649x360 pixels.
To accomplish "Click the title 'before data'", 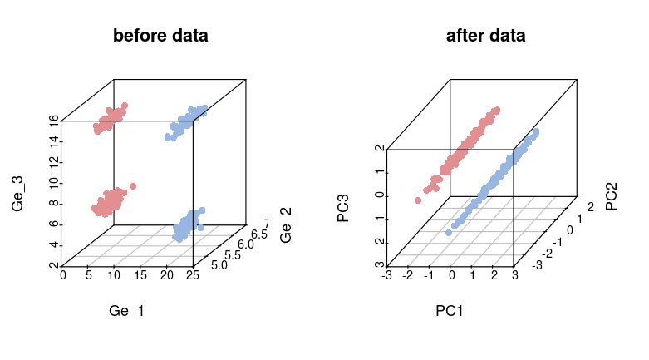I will click(160, 36).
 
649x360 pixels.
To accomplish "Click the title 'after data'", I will click(485, 36).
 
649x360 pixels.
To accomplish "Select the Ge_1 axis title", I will click(127, 311).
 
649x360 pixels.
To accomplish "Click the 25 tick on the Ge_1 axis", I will click(193, 275).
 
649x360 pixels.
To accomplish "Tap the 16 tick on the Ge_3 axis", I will click(53, 121).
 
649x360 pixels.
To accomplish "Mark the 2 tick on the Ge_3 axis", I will click(53, 265).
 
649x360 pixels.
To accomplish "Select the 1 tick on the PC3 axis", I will click(379, 173).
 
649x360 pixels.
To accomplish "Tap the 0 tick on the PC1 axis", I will click(451, 275).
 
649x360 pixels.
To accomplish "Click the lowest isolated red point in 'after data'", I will click(418, 200).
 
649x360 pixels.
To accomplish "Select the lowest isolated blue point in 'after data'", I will click(449, 232).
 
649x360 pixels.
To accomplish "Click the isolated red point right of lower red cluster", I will click(133, 185).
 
